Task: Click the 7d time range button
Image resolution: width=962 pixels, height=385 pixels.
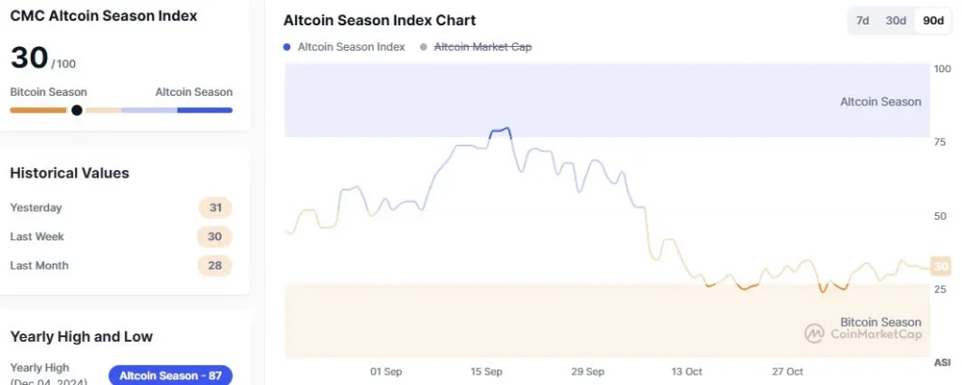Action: pos(862,21)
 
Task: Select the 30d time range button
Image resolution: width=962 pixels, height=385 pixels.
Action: pos(895,21)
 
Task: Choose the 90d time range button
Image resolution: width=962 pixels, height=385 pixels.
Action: pos(933,21)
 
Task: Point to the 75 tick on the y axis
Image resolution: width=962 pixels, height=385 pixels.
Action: pos(939,143)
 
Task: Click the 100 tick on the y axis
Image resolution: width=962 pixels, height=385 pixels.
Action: pos(941,69)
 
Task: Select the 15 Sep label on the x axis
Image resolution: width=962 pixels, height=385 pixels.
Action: pos(486,372)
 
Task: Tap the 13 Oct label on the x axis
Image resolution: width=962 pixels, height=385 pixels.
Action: pos(688,372)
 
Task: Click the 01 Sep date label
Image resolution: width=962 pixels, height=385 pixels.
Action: pos(386,372)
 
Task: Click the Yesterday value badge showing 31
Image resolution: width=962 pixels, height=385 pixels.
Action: pos(215,208)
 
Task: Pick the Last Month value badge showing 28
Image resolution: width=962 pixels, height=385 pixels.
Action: pos(214,266)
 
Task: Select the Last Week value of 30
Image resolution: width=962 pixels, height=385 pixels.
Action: pos(214,237)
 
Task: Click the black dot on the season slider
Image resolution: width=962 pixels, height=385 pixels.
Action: pos(77,110)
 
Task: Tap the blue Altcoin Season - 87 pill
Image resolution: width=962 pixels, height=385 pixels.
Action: pos(170,376)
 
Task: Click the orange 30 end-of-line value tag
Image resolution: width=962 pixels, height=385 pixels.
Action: pos(939,268)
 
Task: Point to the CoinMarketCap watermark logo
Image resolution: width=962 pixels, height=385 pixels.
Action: pos(815,333)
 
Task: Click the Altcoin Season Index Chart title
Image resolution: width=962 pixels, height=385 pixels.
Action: pos(380,21)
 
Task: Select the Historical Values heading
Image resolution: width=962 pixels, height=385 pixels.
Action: pos(70,173)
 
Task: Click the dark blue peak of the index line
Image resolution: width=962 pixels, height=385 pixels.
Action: pos(502,131)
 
